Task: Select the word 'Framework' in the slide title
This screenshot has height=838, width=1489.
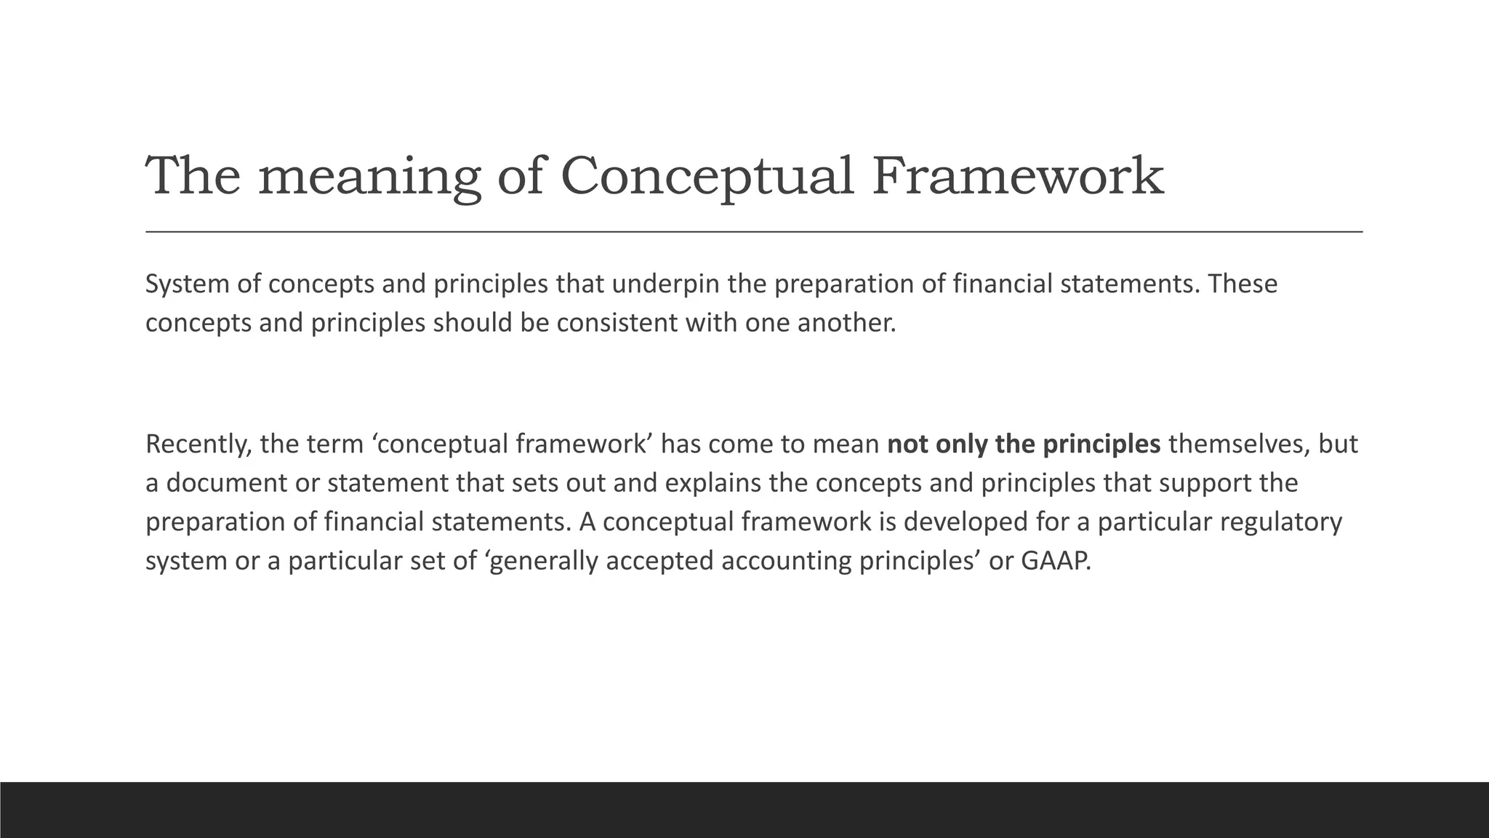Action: [1018, 177]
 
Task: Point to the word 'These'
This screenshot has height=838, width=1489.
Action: [1242, 284]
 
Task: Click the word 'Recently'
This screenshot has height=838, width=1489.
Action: [197, 444]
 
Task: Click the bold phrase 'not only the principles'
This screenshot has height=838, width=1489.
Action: [1024, 444]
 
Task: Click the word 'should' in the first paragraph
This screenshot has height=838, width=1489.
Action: [472, 323]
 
